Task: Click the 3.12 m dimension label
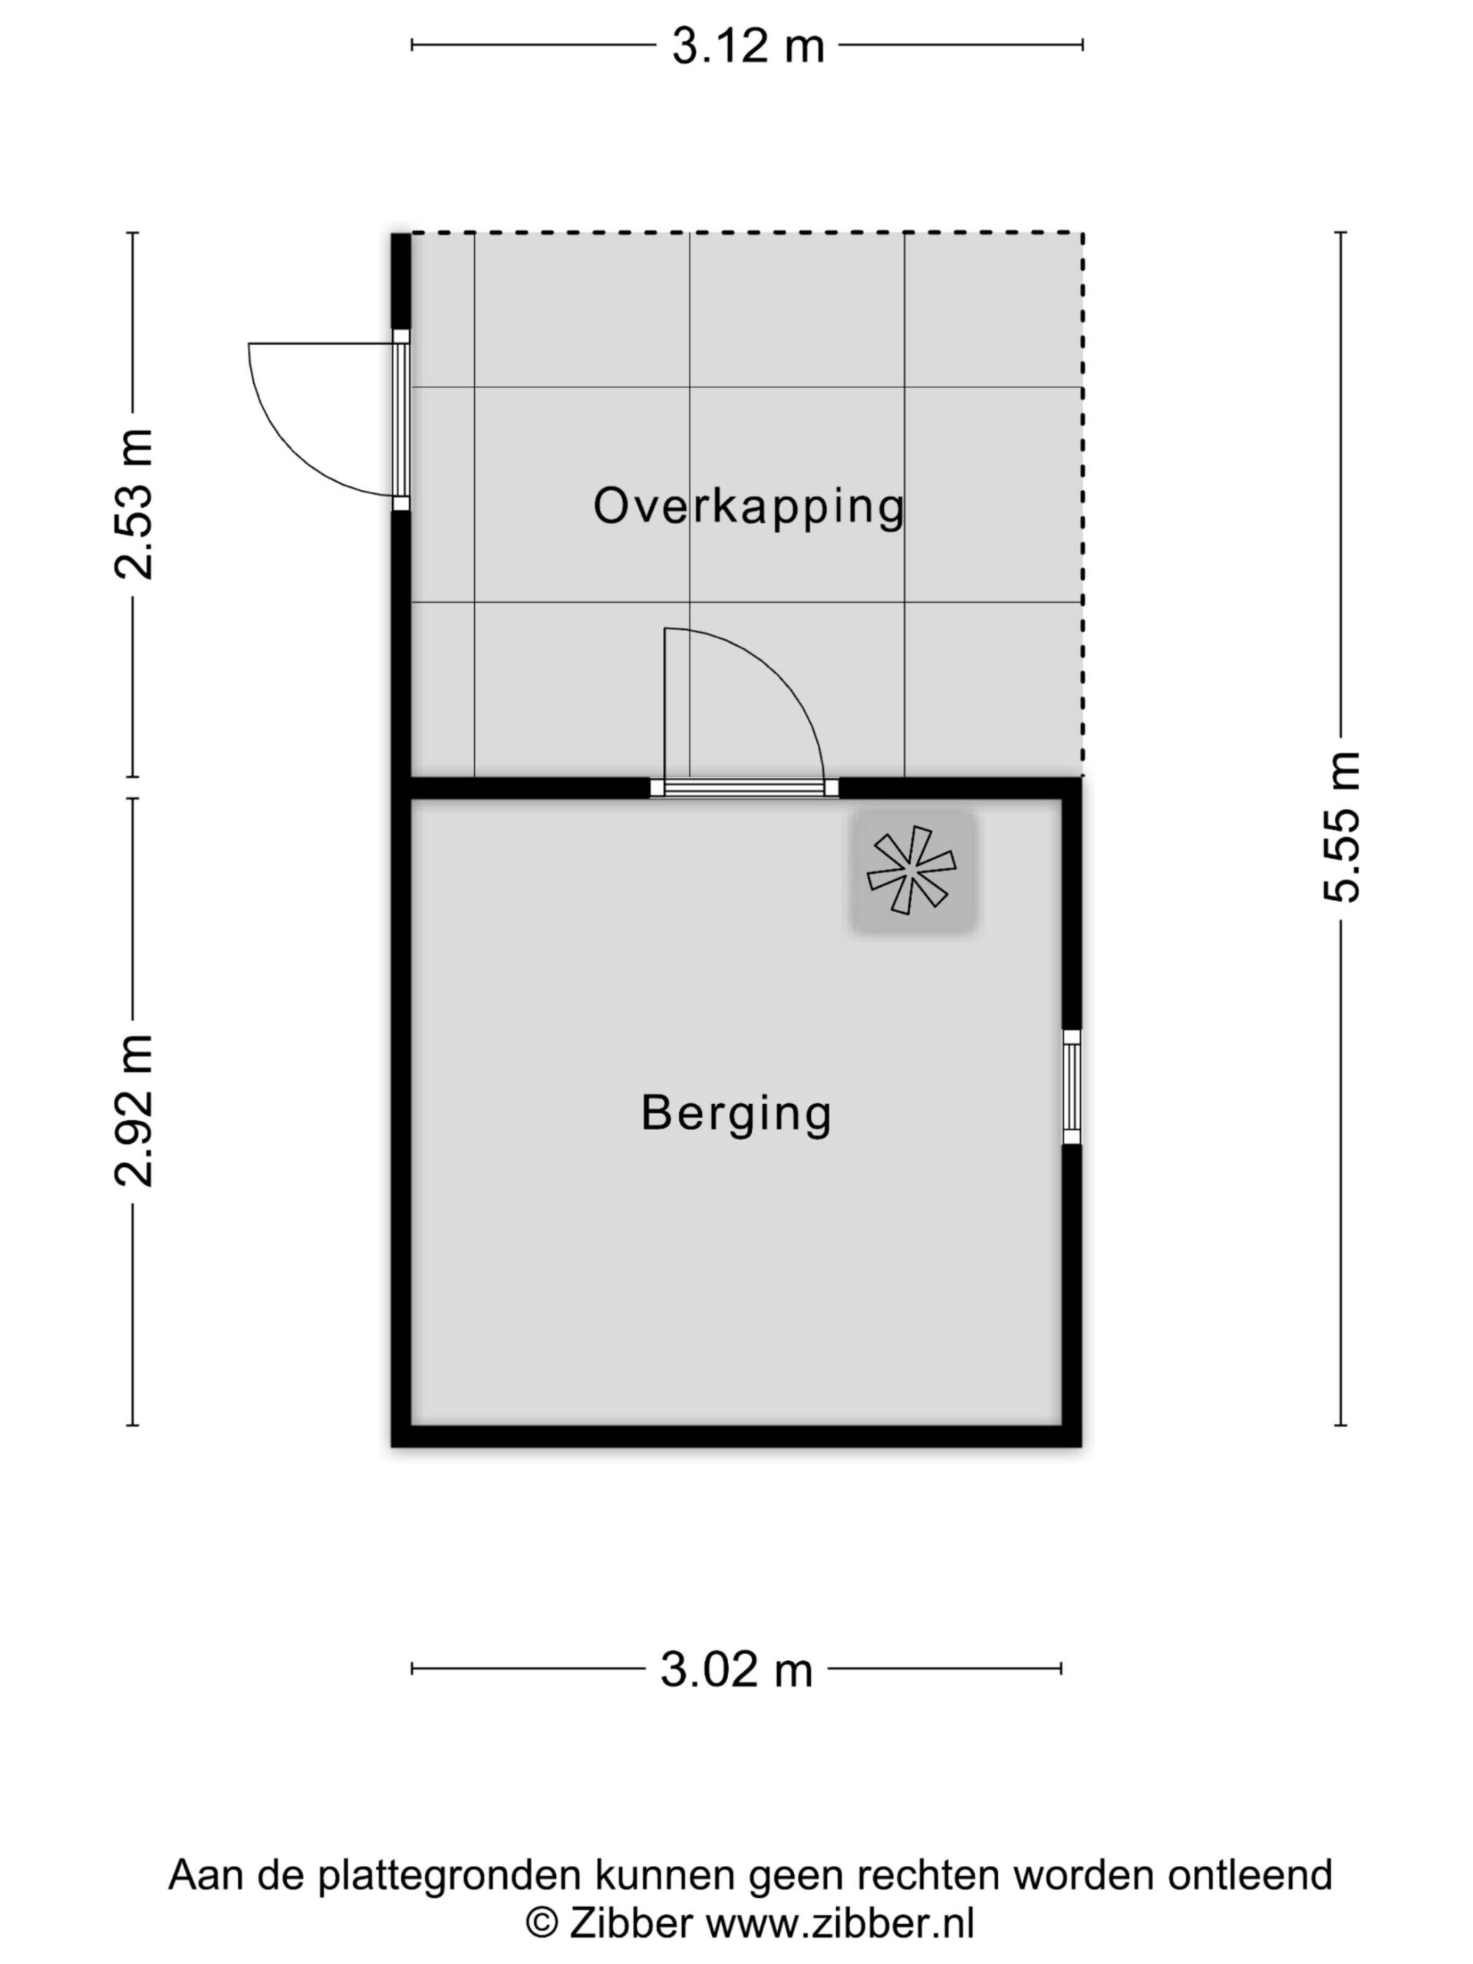(x=747, y=45)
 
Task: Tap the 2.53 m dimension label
(x=135, y=503)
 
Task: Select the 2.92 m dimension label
(x=135, y=1110)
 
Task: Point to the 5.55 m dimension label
(x=1342, y=826)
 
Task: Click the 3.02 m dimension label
(x=736, y=1670)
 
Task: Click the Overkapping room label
(x=749, y=507)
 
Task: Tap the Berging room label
(x=736, y=1113)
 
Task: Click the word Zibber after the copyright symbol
(x=631, y=1923)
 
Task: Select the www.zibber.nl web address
(x=840, y=1923)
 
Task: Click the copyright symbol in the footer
(x=542, y=1924)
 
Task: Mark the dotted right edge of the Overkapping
(x=1083, y=504)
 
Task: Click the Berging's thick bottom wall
(x=736, y=1435)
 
